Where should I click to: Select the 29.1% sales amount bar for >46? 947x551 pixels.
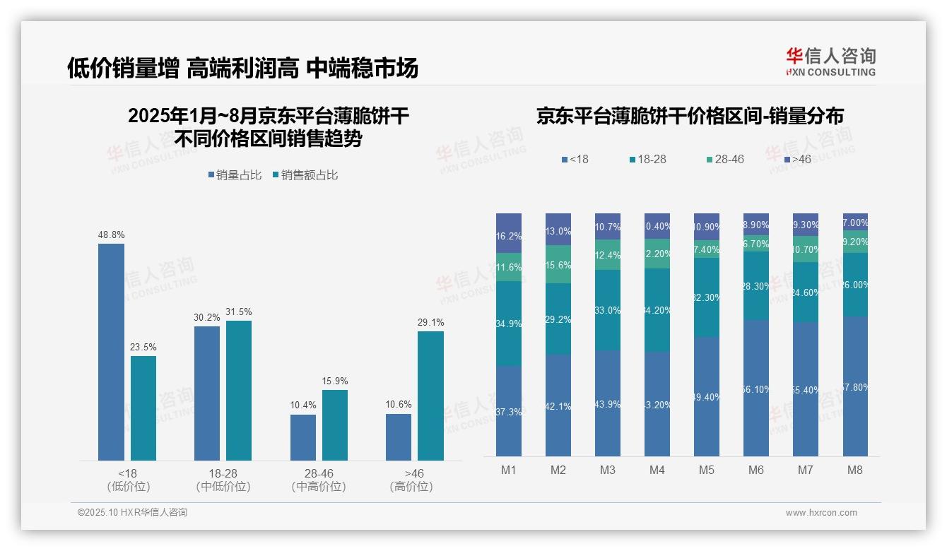430,396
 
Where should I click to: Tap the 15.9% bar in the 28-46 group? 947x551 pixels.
335,425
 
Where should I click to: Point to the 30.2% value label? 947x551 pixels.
206,318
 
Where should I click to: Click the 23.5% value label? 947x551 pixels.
143,348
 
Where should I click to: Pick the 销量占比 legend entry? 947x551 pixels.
237,174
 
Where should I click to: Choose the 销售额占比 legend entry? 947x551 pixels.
305,174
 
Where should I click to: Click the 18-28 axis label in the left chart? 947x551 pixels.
223,473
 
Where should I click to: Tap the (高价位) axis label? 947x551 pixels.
411,487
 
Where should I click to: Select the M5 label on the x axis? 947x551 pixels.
706,470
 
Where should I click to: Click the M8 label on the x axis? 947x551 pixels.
854,470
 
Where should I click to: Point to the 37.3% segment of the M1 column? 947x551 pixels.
509,411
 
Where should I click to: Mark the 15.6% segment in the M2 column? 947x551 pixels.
558,265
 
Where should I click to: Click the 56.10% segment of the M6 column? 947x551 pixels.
755,388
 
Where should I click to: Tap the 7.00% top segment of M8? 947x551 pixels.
855,222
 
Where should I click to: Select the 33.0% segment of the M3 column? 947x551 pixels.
608,310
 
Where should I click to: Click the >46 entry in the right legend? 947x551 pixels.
797,160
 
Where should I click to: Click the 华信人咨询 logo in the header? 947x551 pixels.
830,61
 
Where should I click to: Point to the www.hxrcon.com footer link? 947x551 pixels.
821,513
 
